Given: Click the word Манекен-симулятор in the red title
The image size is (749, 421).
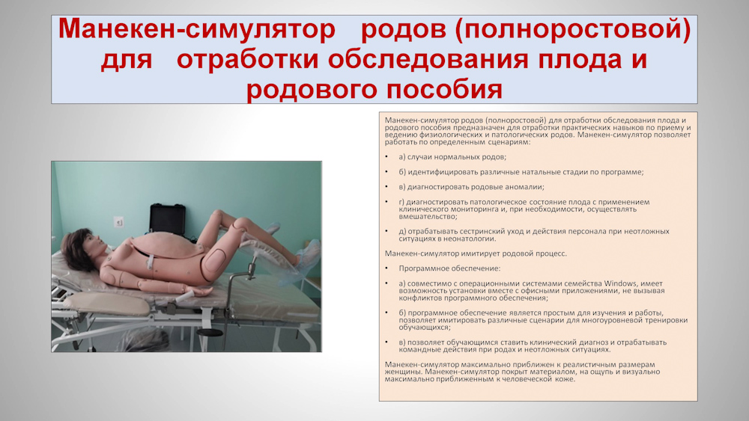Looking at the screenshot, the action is [197, 29].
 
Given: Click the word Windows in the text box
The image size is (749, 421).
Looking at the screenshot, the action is [620, 283].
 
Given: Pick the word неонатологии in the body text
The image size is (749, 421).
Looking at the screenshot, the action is [471, 239].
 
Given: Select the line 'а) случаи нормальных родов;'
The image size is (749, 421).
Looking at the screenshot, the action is [452, 157].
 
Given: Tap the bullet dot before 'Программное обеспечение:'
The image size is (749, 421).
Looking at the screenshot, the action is [387, 268].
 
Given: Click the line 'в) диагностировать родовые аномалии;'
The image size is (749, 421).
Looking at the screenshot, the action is [471, 187].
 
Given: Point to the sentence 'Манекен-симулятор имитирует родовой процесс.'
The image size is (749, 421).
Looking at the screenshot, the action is [476, 253].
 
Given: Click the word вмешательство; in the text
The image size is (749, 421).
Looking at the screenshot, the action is [428, 216].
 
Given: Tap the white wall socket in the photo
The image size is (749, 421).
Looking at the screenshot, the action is [119, 221].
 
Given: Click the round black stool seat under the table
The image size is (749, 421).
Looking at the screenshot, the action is [209, 332].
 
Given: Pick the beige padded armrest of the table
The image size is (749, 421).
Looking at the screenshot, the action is [108, 304].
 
